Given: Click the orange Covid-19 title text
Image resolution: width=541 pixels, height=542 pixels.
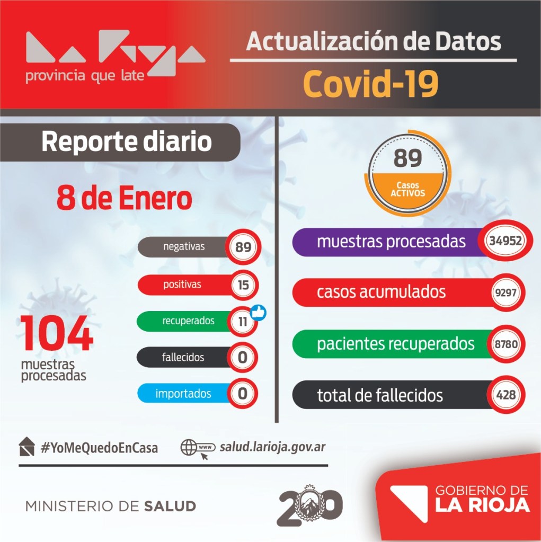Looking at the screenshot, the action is pos(370,84).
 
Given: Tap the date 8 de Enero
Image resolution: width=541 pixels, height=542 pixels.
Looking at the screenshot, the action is pos(124,198).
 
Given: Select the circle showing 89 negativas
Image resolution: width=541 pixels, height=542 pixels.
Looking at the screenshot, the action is pos(243,247).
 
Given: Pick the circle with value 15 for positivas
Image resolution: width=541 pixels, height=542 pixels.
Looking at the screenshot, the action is pos(243,285).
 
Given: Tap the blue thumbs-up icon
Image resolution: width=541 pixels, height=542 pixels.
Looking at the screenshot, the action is pos(258,313).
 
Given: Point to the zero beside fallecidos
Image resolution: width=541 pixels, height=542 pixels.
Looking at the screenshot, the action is pos(242,357).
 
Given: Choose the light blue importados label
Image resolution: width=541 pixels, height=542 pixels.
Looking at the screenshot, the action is pos(183,393).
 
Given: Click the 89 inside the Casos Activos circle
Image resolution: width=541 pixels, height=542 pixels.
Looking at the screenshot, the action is pos(407,158).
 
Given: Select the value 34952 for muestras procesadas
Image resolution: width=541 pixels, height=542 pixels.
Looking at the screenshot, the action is pos(505,240).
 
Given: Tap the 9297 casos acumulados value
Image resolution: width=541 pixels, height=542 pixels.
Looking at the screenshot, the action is pos(505,292).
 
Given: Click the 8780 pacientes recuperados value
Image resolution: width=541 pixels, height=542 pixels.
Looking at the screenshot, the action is pos(506,344).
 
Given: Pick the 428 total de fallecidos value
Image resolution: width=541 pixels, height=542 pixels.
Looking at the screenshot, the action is pos(506,395).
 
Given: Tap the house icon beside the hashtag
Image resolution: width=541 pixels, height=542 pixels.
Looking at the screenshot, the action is pos(26,447).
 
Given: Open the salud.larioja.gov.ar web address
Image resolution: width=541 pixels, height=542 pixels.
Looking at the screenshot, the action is pos(273,447).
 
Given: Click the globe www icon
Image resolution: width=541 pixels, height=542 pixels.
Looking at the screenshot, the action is pos(198,449).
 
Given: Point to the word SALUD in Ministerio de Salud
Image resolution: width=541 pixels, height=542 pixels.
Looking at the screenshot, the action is pos(170,507).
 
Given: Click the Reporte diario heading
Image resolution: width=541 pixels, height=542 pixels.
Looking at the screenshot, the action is pos(127,141).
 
